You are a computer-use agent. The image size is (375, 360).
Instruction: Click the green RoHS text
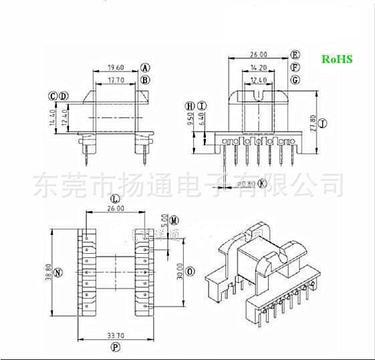coord(337,59)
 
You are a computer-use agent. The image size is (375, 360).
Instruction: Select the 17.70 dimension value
coord(116,80)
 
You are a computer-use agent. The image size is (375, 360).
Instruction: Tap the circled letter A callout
coord(145,67)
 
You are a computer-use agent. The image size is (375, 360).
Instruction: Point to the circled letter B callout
coord(145,80)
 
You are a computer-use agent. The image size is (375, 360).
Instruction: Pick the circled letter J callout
coord(322,124)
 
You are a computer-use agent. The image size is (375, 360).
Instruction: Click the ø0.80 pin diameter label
coord(246,183)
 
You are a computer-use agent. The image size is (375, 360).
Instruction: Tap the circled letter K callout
coord(262,183)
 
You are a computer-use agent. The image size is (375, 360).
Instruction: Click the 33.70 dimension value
coord(115,337)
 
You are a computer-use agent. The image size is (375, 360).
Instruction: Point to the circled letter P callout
coord(115,348)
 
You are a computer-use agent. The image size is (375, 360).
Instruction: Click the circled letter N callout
coord(57,273)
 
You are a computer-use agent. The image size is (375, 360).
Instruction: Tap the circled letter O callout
coord(191,272)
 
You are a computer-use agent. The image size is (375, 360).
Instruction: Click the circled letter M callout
coord(174,220)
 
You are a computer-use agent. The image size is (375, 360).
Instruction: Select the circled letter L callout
coord(115,199)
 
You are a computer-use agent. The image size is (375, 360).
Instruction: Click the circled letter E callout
coord(295,55)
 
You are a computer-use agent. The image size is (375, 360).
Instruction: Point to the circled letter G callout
coord(295,80)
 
